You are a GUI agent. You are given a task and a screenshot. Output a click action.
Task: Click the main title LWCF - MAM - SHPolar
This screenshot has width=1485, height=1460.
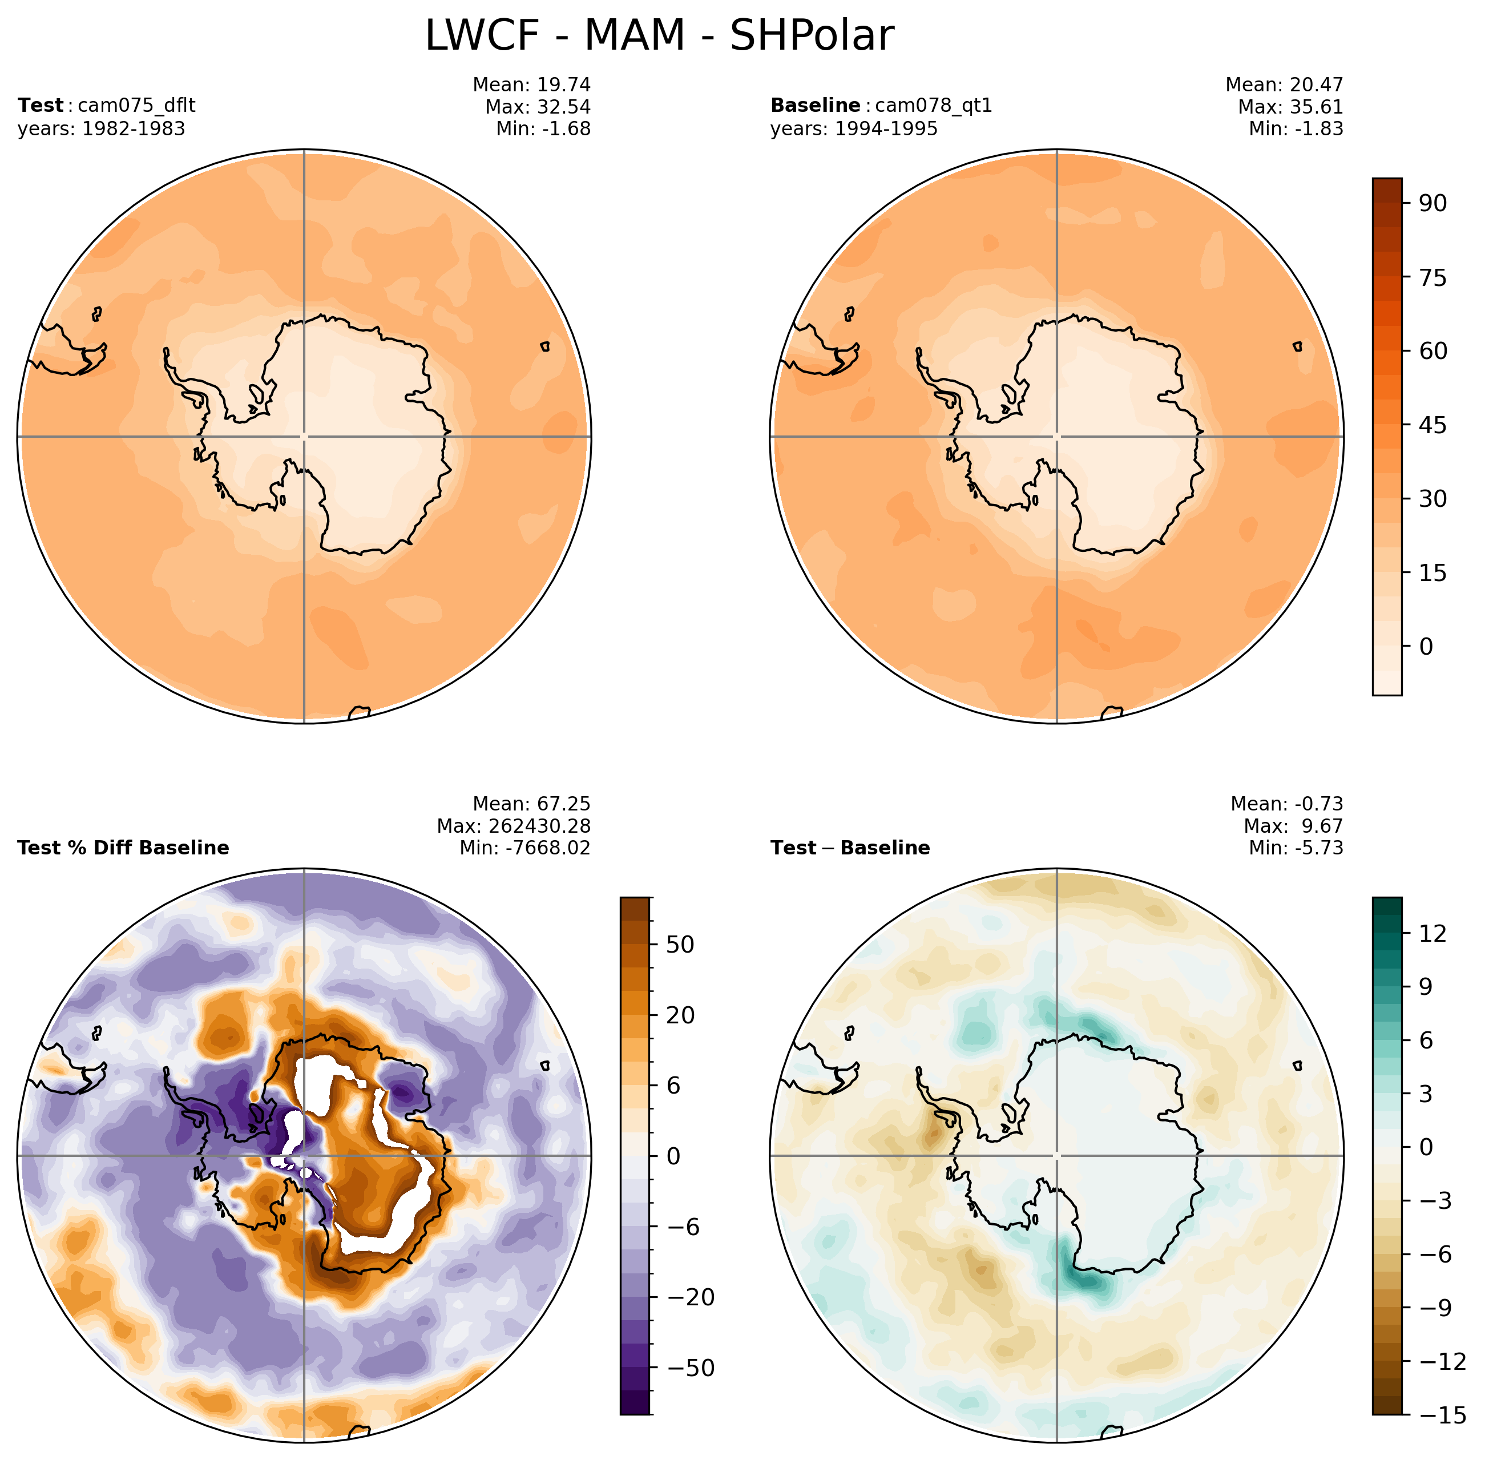[659, 35]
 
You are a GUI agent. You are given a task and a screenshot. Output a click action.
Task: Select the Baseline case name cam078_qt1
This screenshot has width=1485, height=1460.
[933, 105]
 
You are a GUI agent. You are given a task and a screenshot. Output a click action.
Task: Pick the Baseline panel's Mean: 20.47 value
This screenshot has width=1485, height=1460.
[1284, 84]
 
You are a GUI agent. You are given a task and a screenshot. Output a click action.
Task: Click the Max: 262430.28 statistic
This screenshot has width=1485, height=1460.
[514, 826]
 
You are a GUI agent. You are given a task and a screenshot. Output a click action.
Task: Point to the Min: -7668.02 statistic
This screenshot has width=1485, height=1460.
[525, 848]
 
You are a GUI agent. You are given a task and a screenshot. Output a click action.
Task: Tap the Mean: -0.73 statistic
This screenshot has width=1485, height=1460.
[1286, 804]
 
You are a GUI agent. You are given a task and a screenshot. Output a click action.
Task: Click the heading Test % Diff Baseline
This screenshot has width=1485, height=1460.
[123, 848]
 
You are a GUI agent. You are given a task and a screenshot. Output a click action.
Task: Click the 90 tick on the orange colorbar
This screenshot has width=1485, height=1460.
[1432, 203]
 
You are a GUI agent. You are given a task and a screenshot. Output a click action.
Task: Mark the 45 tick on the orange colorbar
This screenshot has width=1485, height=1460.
[1432, 425]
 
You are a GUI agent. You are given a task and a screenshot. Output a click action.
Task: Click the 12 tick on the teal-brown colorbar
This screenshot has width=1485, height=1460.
[1432, 933]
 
